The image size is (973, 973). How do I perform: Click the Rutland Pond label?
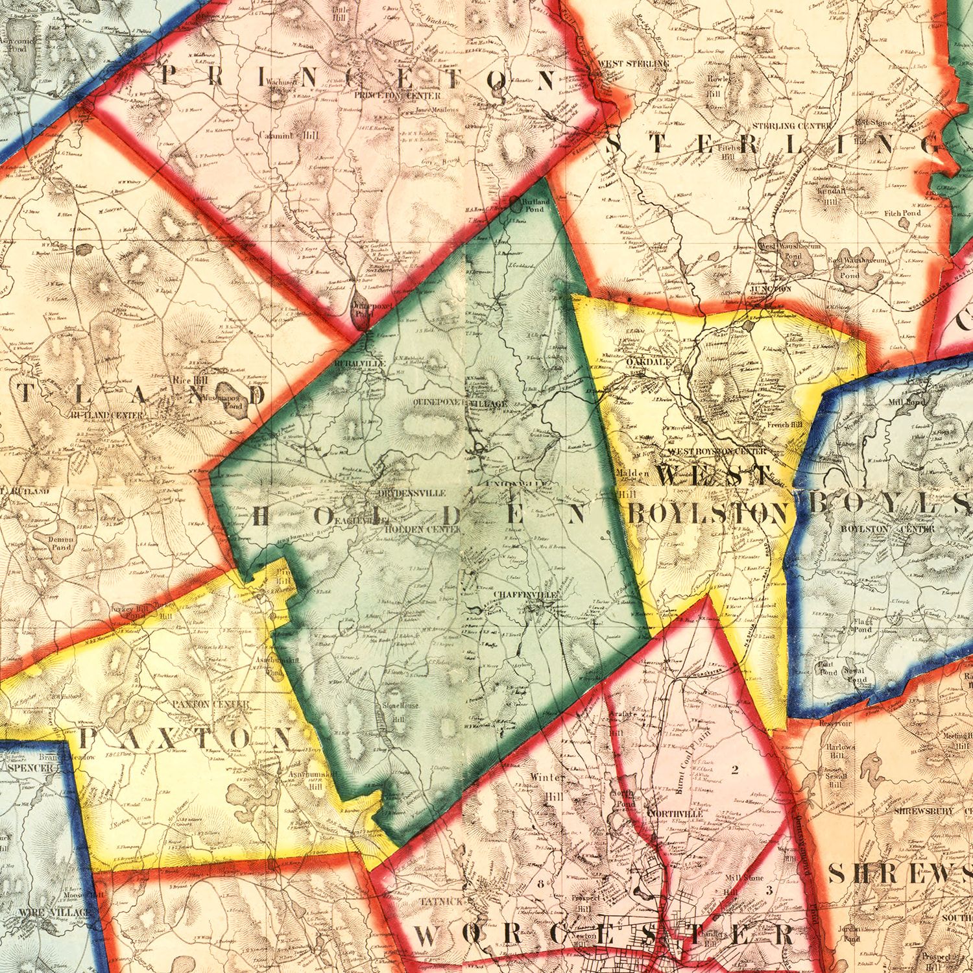536,206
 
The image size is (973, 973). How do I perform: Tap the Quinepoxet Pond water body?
359,316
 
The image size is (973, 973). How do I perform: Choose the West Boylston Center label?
717,451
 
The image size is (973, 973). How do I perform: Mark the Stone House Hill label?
400,709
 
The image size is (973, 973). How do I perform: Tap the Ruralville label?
360,364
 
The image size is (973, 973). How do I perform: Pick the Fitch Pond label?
902,213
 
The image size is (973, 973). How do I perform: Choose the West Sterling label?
632,64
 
